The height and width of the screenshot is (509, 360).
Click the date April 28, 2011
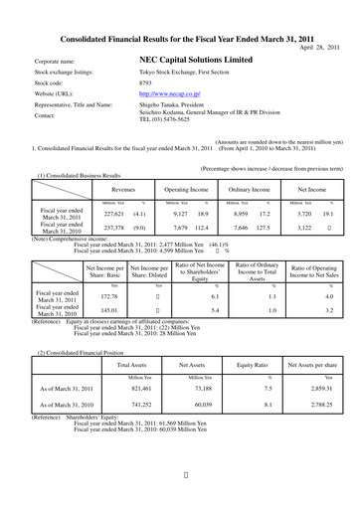click(319, 48)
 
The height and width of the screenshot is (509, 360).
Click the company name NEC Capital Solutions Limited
click(196, 60)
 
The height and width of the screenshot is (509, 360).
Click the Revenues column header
click(123, 187)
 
